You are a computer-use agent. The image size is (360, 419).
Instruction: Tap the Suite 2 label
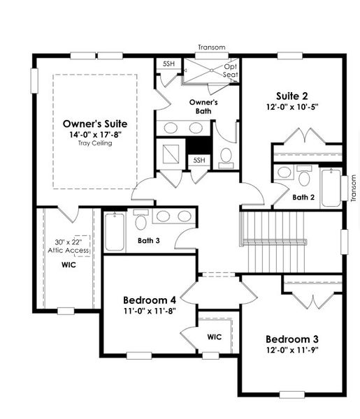coord(291,96)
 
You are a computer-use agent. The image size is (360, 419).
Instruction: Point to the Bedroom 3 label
coord(291,338)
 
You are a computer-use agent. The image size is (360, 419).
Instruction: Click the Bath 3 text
coord(148,241)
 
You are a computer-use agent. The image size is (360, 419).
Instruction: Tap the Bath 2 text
coord(303,197)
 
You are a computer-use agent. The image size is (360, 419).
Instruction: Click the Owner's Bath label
coord(203,106)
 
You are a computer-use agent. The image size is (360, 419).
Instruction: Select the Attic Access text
coord(67,251)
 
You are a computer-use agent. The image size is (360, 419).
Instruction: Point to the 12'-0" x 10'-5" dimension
coord(291,108)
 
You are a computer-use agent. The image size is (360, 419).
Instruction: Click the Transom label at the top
coord(211,47)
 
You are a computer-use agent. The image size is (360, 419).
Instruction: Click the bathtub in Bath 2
coord(331,187)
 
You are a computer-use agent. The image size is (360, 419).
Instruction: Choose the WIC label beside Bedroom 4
coord(215,337)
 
